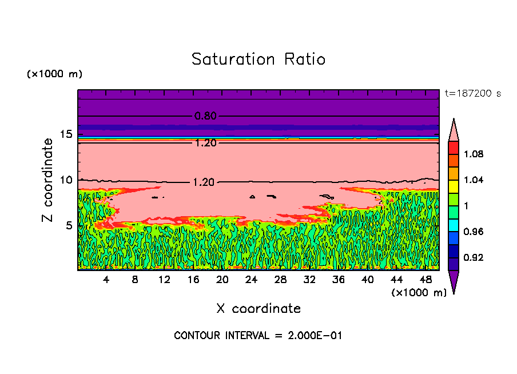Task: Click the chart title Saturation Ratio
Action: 258,59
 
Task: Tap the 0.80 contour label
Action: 205,116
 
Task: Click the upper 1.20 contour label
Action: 205,143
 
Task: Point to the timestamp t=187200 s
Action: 472,93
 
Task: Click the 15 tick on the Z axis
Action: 66,134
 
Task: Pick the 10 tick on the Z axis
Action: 66,180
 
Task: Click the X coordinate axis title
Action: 258,309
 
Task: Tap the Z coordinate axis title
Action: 48,180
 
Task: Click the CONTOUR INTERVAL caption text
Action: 258,336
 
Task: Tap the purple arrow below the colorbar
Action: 453,281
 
